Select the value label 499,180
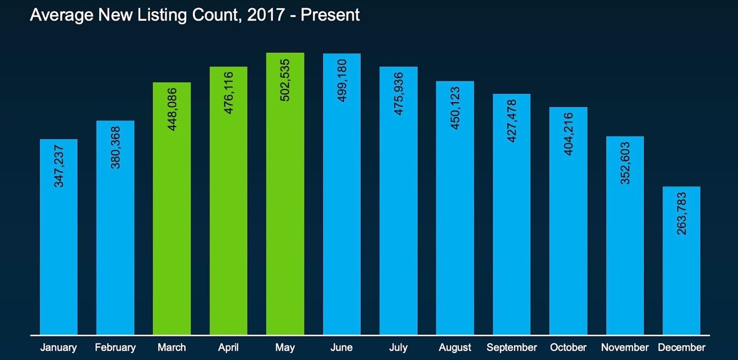coord(342,80)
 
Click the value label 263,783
coord(681,213)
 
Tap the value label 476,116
coord(228,93)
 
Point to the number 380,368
coord(115,148)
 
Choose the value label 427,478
coord(512,121)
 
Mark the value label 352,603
coord(625,163)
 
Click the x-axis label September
coord(512,348)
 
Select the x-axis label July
coord(398,348)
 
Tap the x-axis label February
coord(115,348)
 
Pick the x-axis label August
coord(455,348)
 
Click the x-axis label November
coord(625,348)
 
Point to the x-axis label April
coord(228,348)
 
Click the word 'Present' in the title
coord(330,15)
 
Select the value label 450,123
coord(455,108)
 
